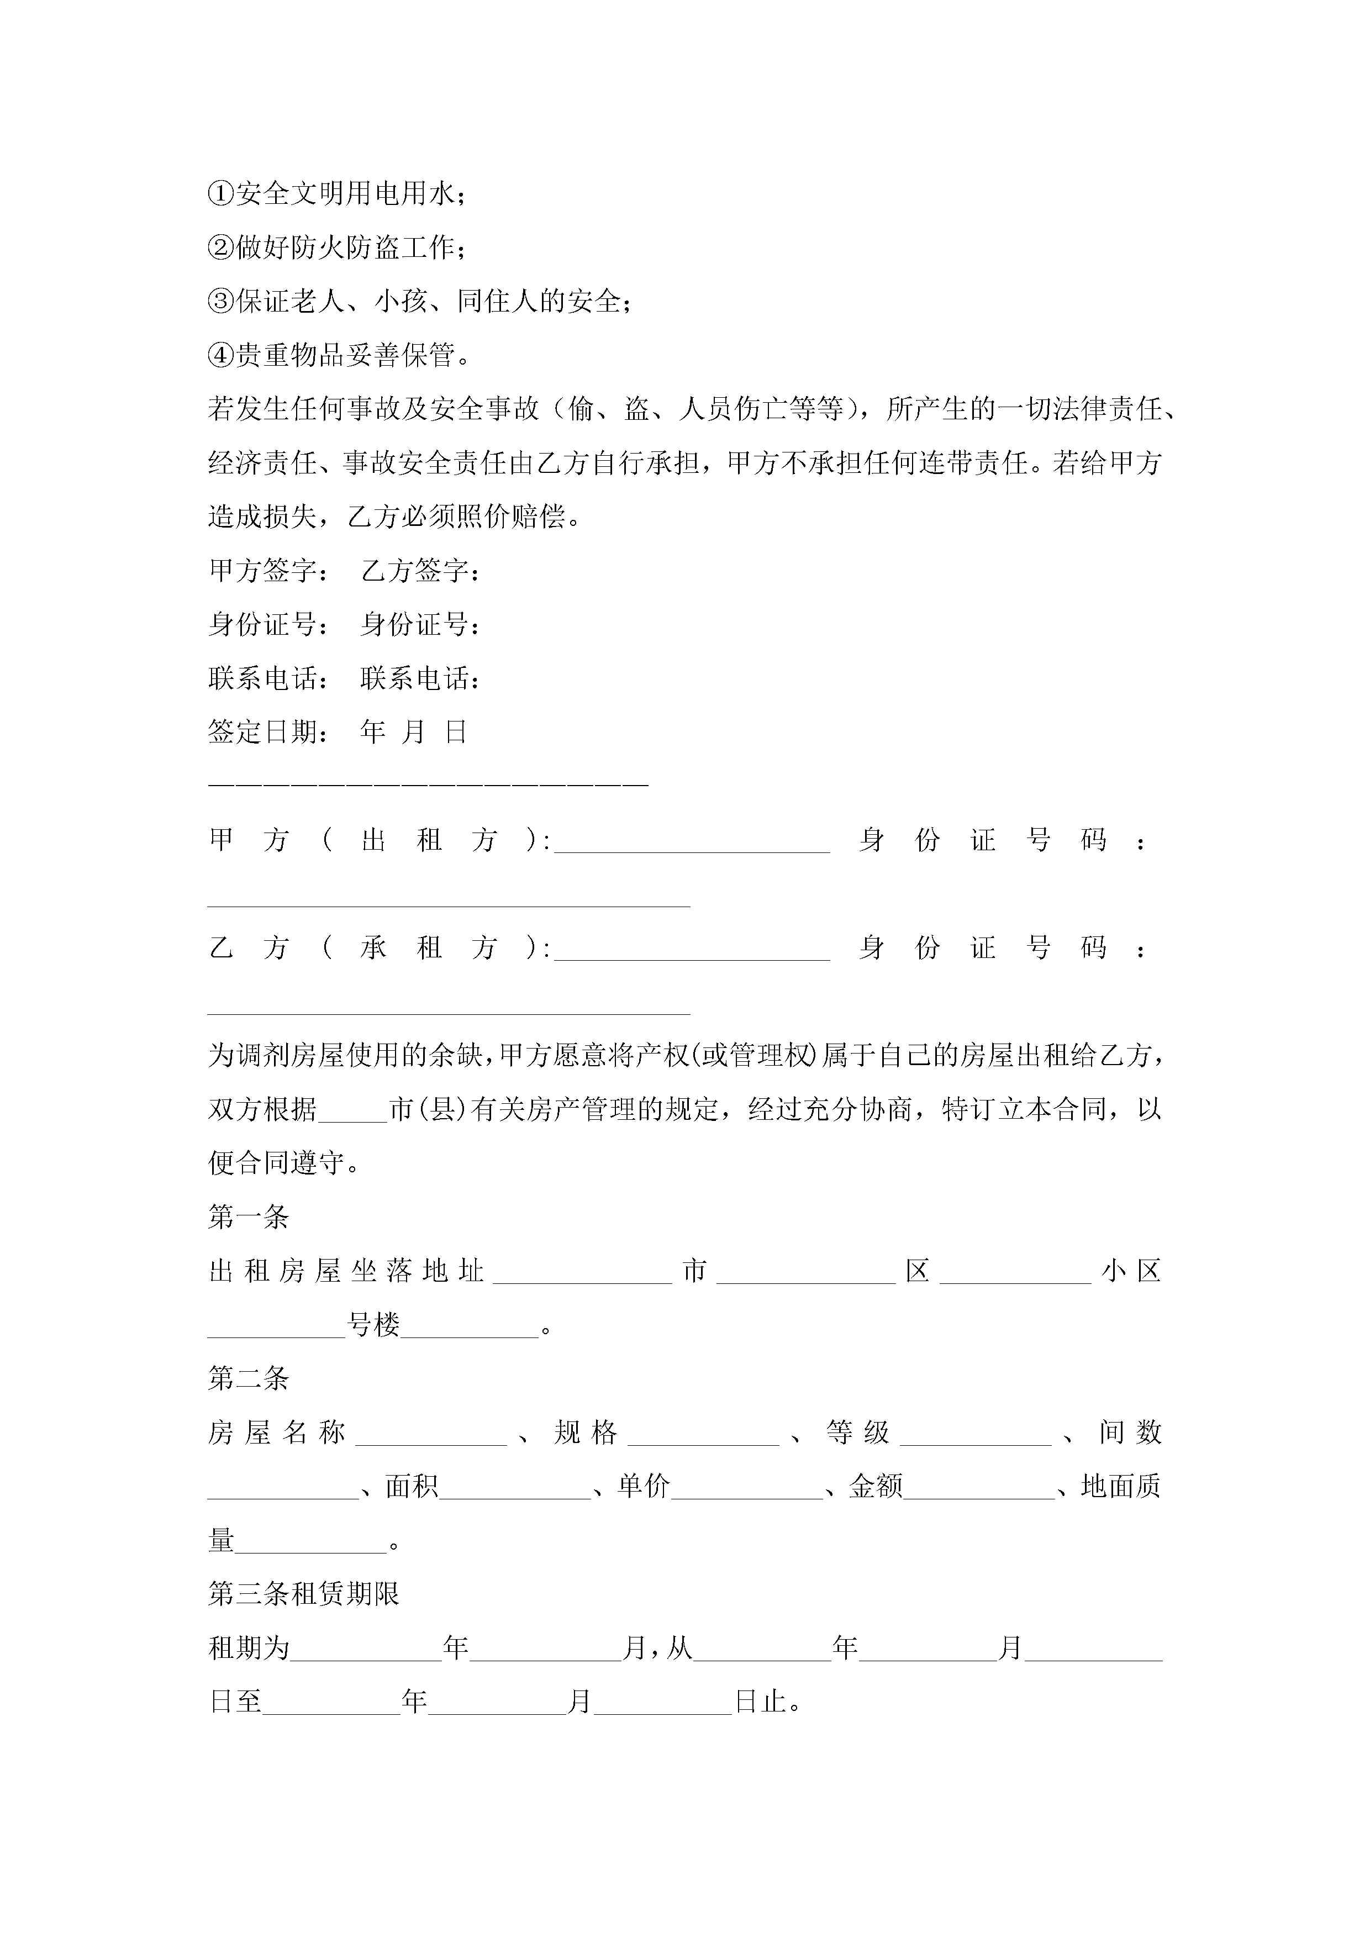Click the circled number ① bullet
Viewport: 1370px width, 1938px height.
point(220,193)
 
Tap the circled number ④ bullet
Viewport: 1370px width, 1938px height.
point(220,355)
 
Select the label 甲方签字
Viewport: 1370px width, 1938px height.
point(267,571)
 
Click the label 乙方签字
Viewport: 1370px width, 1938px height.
point(419,571)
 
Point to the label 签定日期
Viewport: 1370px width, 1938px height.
point(267,732)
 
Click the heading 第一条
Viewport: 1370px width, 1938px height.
point(249,1216)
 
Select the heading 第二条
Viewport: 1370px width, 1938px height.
point(249,1378)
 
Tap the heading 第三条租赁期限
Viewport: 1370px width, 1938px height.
point(304,1594)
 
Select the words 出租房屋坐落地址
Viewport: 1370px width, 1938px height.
point(346,1271)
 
